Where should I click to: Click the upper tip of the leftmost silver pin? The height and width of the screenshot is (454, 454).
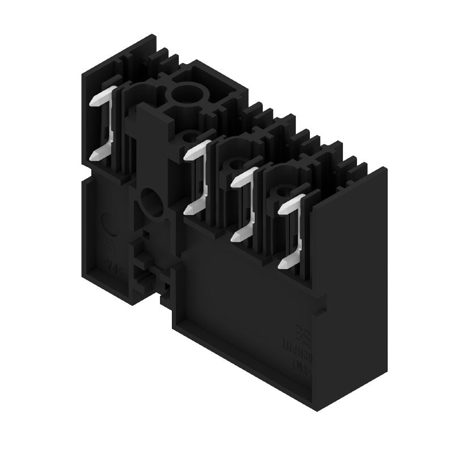pyautogui.click(x=94, y=102)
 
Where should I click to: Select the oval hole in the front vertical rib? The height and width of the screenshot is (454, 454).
pyautogui.click(x=150, y=201)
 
